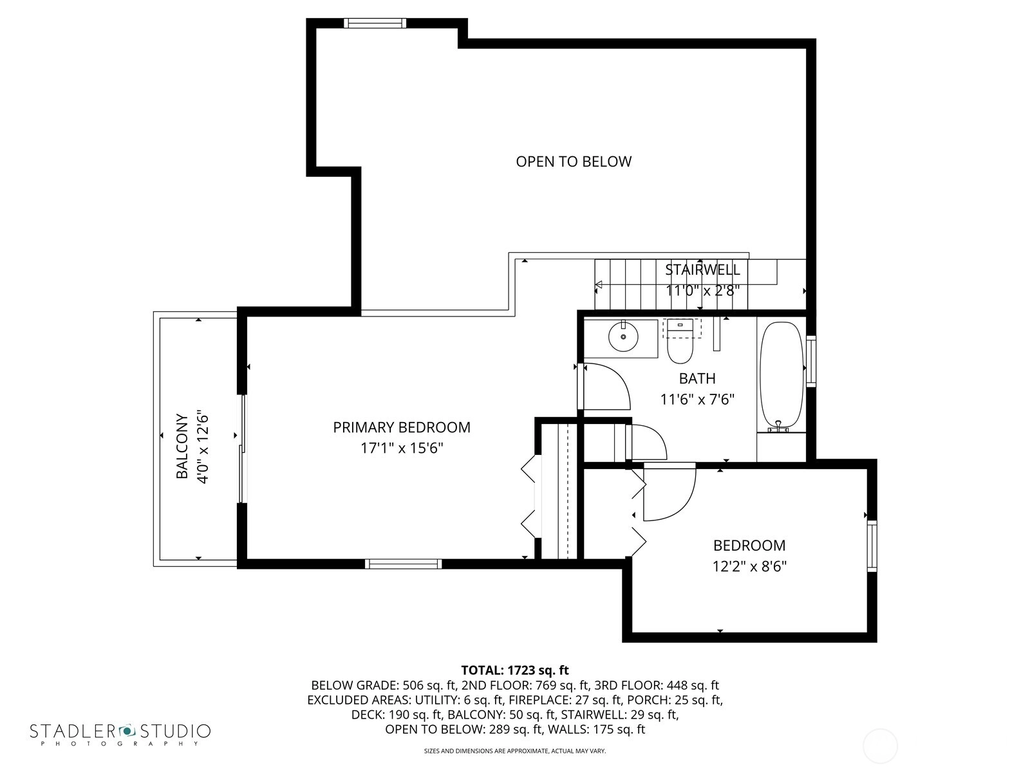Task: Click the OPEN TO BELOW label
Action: point(574,161)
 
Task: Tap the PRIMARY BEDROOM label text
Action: point(402,427)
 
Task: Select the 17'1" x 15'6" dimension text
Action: point(402,448)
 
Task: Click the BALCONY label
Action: point(182,446)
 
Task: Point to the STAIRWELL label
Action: point(702,270)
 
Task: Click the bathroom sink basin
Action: point(623,336)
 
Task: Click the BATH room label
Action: point(697,378)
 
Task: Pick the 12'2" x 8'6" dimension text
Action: point(749,567)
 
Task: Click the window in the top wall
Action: point(375,23)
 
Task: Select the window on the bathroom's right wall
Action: point(811,362)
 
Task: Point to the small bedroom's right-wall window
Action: point(872,546)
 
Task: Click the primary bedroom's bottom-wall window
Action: point(404,564)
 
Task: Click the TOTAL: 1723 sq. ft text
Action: point(515,670)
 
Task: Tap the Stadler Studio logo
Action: point(120,733)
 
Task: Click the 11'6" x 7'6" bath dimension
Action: point(697,400)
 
